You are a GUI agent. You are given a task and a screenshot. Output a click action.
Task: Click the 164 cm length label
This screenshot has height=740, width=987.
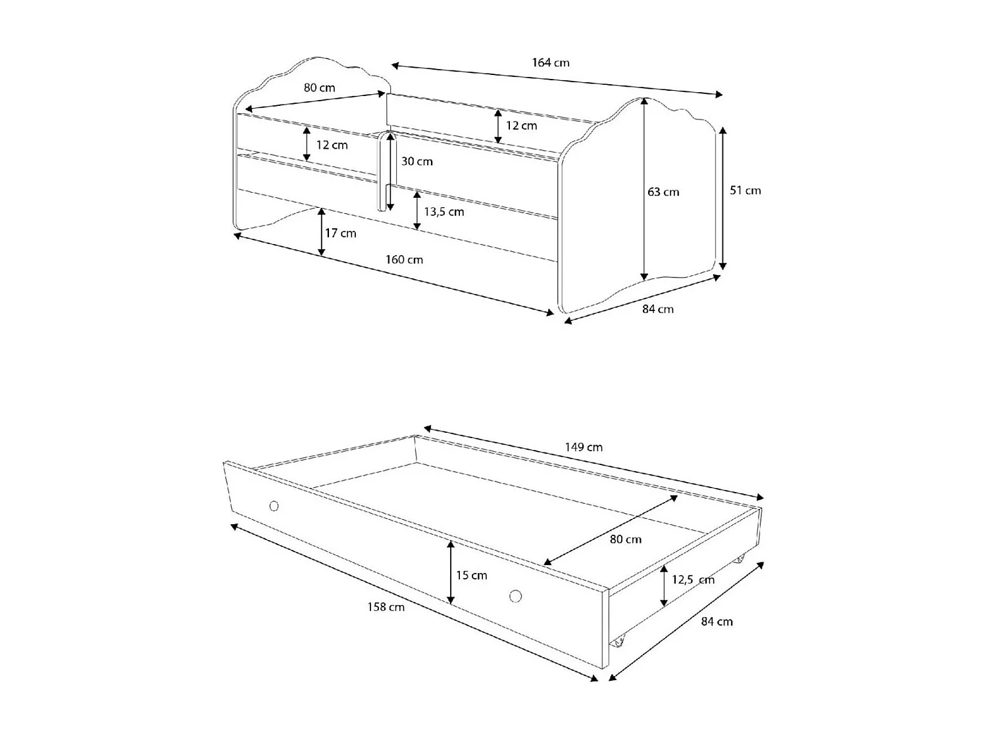551,63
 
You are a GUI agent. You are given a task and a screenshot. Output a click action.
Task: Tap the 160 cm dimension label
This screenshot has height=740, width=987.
404,259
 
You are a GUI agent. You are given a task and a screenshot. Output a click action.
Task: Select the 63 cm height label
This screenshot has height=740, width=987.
663,192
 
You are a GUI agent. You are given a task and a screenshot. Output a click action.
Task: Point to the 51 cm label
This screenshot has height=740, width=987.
745,190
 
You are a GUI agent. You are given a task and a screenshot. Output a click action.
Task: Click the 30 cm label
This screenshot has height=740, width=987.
417,161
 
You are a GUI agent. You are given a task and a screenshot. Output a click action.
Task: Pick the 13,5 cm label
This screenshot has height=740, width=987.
443,212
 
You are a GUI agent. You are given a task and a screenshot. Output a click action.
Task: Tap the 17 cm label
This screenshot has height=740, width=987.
340,233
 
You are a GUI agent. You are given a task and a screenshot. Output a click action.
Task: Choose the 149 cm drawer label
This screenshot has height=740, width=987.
584,447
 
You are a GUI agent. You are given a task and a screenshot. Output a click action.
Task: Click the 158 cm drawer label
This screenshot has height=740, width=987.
386,607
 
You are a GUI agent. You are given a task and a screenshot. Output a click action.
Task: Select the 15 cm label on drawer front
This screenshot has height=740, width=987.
472,575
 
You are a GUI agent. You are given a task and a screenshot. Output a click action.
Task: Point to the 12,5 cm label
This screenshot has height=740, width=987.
693,580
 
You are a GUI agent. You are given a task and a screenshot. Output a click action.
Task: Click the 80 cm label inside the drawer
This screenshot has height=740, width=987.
625,539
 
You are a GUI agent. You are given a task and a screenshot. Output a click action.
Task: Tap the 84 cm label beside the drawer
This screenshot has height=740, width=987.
717,622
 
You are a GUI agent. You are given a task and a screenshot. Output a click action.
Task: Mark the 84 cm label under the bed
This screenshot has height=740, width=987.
658,308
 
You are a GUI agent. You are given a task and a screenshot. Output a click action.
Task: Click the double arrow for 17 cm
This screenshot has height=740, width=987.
321,232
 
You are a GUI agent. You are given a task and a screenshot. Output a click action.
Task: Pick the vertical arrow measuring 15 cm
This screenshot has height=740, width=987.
451,572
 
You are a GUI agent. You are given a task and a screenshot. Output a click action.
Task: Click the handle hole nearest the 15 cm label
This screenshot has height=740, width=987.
515,596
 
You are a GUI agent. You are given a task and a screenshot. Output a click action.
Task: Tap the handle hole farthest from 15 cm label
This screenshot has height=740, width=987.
274,506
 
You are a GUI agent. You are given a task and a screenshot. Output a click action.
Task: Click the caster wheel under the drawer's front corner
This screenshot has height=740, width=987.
617,641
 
